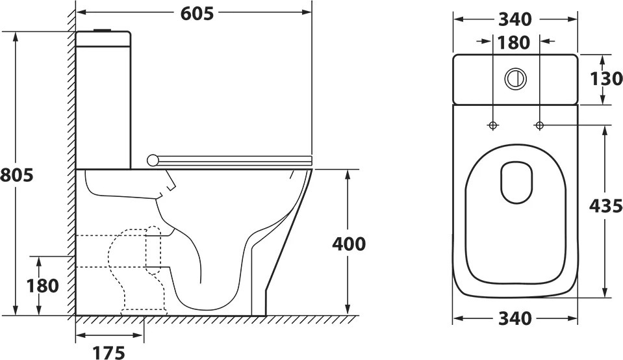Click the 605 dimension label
(197, 14)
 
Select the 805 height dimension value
(17, 175)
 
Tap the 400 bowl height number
(349, 244)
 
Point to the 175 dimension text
(109, 352)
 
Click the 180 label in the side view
(42, 286)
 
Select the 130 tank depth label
(606, 79)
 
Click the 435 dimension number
(606, 206)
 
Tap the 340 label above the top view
(515, 19)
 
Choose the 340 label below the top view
(515, 318)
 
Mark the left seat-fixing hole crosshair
(492, 125)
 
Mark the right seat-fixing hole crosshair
(539, 125)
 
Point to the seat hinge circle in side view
(152, 160)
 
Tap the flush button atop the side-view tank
(103, 30)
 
